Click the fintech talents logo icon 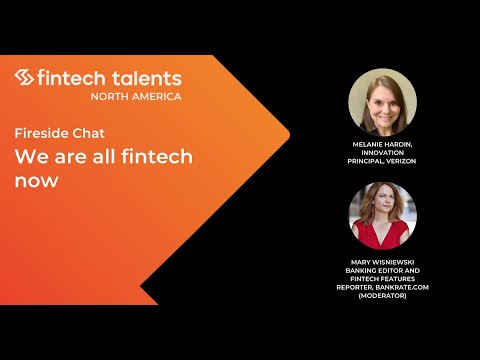25,78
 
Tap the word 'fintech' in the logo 72,78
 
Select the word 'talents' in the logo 146,78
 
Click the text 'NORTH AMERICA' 135,97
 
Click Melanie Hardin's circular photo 382,102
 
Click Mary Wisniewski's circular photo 382,215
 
